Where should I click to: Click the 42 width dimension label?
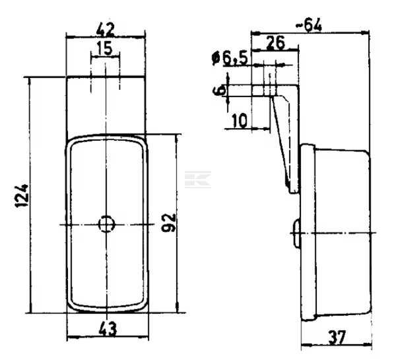(106, 30)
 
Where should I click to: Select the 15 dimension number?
(104, 48)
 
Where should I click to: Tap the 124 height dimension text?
(22, 196)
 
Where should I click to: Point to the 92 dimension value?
(169, 223)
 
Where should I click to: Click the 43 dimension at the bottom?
(108, 329)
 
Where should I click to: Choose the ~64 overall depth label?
(309, 25)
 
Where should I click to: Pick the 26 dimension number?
(275, 43)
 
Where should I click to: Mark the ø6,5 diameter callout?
(229, 58)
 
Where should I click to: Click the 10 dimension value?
(239, 121)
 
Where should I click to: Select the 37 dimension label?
(337, 338)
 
